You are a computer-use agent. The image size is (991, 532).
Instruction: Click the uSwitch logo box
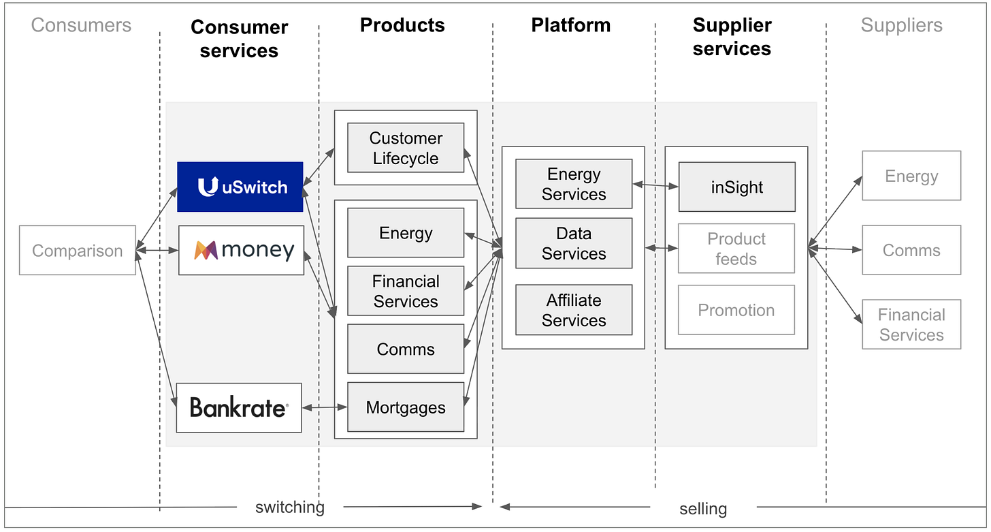pos(240,187)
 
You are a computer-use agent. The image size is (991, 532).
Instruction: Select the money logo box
pos(241,250)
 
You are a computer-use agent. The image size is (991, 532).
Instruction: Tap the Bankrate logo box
pos(239,407)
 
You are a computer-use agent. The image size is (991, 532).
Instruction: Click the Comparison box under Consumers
pos(78,251)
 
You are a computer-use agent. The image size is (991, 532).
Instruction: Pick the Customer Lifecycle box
pos(406,148)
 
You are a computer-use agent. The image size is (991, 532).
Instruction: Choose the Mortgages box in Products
pos(406,407)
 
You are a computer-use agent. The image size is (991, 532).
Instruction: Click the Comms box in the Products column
pos(406,349)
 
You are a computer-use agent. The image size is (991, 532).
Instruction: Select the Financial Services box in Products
pos(406,291)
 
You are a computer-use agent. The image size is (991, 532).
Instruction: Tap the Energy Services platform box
pos(574,184)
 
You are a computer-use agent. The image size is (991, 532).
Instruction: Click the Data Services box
pos(574,243)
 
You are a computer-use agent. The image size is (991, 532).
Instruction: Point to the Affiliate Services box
pos(574,310)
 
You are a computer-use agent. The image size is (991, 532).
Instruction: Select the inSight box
pos(736,187)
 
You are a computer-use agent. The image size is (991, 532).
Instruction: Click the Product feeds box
pos(736,249)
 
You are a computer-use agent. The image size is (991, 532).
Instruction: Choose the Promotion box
pos(736,310)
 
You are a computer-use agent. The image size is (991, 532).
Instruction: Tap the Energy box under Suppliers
pos(911,176)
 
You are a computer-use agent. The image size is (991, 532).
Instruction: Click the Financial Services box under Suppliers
pos(911,324)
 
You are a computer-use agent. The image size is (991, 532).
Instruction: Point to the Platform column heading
pos(570,26)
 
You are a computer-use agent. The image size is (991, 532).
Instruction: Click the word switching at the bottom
pos(290,507)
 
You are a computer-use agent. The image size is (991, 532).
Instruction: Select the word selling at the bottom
pos(703,508)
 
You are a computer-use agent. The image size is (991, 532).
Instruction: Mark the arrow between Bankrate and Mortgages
pos(325,407)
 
